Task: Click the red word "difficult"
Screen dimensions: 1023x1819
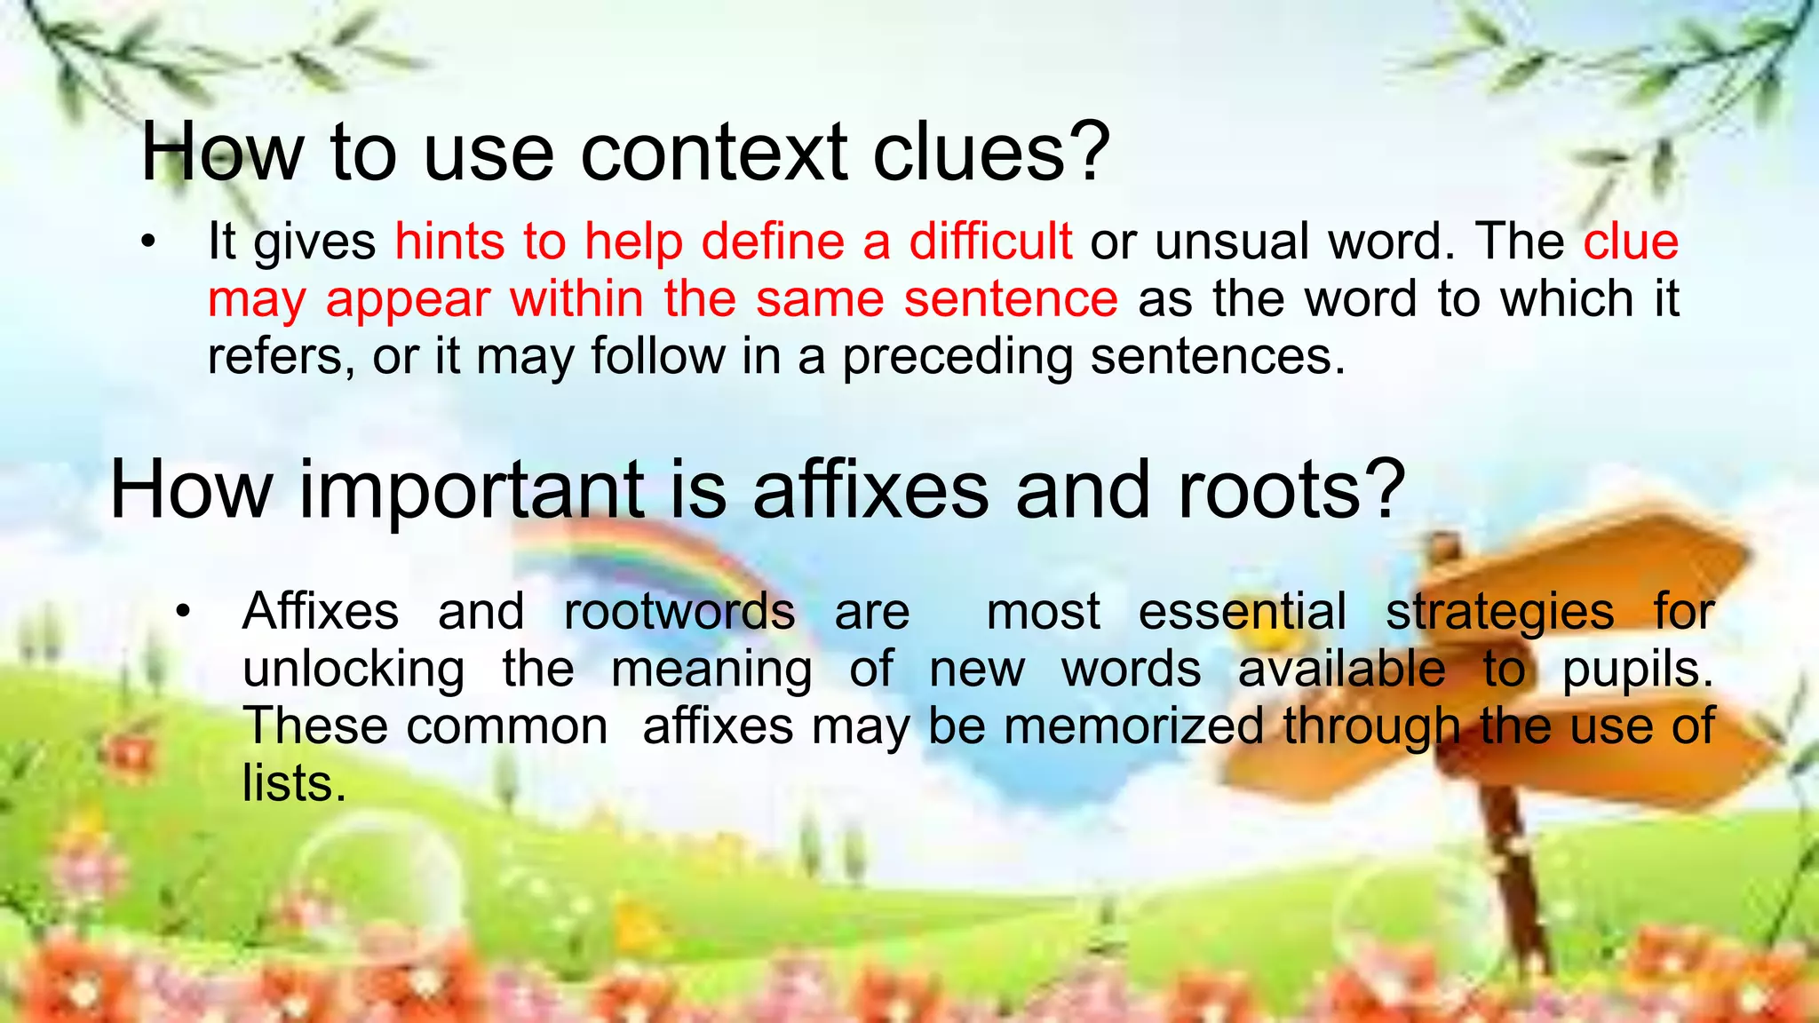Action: [x=990, y=242]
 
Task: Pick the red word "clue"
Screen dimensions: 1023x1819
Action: [x=1631, y=242]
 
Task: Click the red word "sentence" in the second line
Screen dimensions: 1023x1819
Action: [x=1010, y=298]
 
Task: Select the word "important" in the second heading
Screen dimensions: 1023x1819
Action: [x=471, y=490]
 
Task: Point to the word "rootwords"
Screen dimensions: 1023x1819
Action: [x=679, y=612]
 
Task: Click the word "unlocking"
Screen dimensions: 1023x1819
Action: [x=353, y=669]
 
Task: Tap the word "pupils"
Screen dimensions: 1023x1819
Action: [x=1636, y=670]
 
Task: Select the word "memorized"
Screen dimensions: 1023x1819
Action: [x=1133, y=726]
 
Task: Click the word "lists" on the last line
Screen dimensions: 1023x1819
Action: [x=293, y=783]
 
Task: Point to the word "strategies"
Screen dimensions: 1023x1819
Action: [x=1500, y=612]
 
